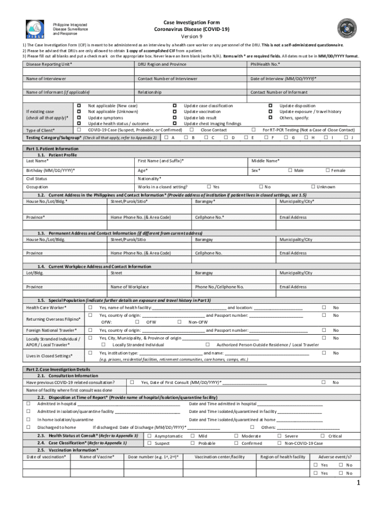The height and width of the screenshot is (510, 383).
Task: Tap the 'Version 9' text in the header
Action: tap(191, 37)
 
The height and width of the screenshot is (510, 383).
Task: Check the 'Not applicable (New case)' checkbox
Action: tap(79, 106)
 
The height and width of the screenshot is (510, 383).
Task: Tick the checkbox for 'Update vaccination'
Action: tap(174, 112)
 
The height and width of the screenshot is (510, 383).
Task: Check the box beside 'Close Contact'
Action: tap(191, 129)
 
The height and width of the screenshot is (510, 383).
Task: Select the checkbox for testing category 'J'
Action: tap(346, 137)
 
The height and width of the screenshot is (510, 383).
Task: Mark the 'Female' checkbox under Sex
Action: tap(328, 170)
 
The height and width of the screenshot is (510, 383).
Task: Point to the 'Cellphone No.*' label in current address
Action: tap(209, 217)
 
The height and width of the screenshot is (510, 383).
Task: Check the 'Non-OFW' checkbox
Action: tap(179, 322)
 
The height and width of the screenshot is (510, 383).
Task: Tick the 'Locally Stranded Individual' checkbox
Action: tap(103, 345)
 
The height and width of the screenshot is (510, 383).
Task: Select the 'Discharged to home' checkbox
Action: tap(28, 427)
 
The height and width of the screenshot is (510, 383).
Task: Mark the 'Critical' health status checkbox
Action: tap(323, 436)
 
